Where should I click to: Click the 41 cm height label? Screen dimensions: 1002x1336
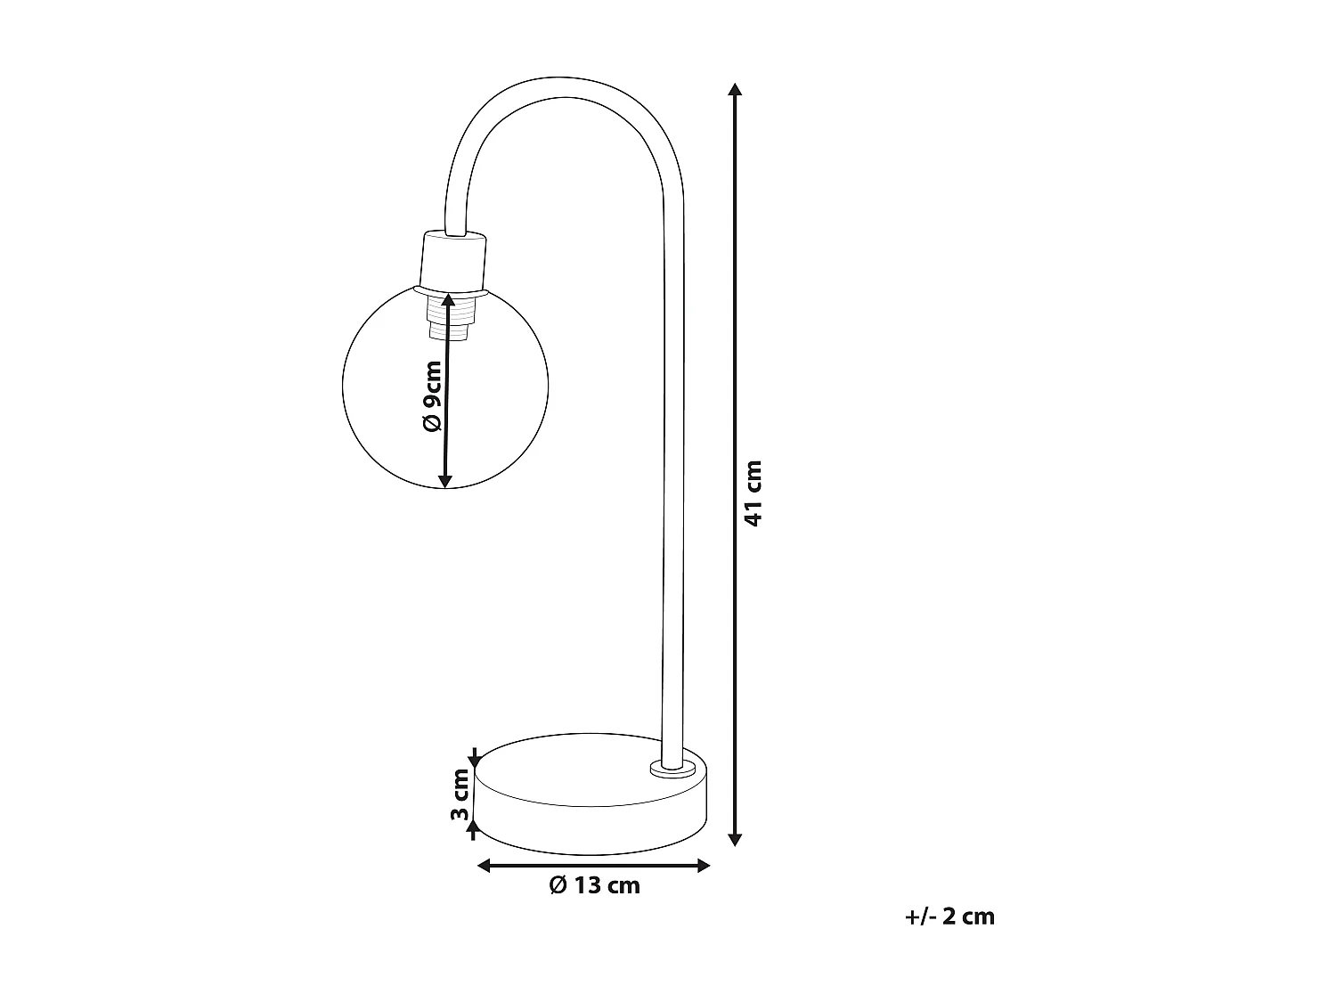[754, 493]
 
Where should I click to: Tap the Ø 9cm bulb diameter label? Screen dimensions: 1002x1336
[432, 396]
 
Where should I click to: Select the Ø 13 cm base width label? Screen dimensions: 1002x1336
[594, 885]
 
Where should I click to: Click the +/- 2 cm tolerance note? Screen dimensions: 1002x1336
[949, 916]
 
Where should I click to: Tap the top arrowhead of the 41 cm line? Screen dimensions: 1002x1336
[735, 90]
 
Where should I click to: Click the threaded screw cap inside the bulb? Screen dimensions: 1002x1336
[449, 317]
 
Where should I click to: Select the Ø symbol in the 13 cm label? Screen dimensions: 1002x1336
[558, 885]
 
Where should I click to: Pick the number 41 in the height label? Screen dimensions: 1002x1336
[754, 512]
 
